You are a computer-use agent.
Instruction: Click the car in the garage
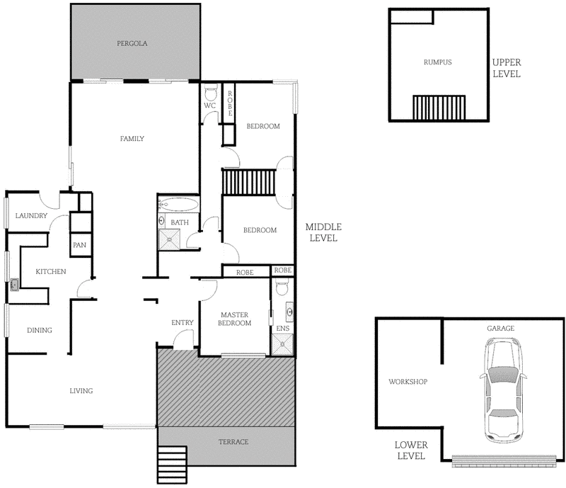coord(503,388)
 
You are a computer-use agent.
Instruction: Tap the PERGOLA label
coord(132,43)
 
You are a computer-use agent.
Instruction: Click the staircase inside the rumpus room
coord(438,108)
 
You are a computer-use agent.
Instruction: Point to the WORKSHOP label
coord(408,382)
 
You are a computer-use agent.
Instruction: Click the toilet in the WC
coord(210,93)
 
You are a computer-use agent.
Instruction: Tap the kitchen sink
coord(14,286)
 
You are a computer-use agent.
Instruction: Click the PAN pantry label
coord(79,245)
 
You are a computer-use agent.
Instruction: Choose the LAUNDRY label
coord(31,216)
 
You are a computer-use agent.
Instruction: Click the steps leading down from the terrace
coord(171,463)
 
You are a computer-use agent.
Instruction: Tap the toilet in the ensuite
coord(282,288)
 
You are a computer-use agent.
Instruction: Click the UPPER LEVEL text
coord(507,68)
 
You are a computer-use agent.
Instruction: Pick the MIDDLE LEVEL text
coord(324,232)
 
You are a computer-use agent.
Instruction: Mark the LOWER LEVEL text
coord(410,450)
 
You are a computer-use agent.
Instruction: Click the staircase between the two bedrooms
coord(248,182)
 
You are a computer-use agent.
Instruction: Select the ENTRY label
coord(183,323)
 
